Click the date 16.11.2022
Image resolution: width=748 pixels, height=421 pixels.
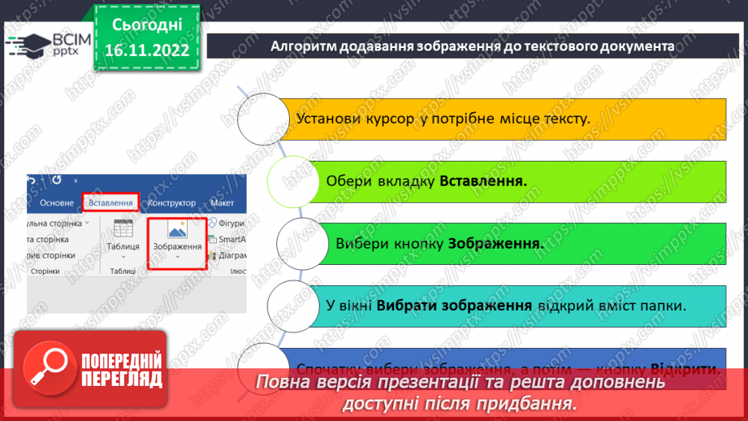pos(147,50)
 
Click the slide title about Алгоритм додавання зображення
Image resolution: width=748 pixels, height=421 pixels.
pos(472,46)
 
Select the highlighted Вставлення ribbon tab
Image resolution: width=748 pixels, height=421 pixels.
pos(111,202)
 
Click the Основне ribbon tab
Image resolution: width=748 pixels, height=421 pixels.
pos(57,202)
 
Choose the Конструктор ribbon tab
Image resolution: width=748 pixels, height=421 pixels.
pos(172,202)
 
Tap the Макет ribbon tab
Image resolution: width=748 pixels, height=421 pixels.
pos(222,202)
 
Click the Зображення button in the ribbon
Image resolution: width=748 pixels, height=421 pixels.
pos(177,241)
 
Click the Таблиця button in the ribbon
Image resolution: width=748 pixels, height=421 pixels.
pos(123,236)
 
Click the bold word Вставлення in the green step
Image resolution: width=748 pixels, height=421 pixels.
pos(483,181)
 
